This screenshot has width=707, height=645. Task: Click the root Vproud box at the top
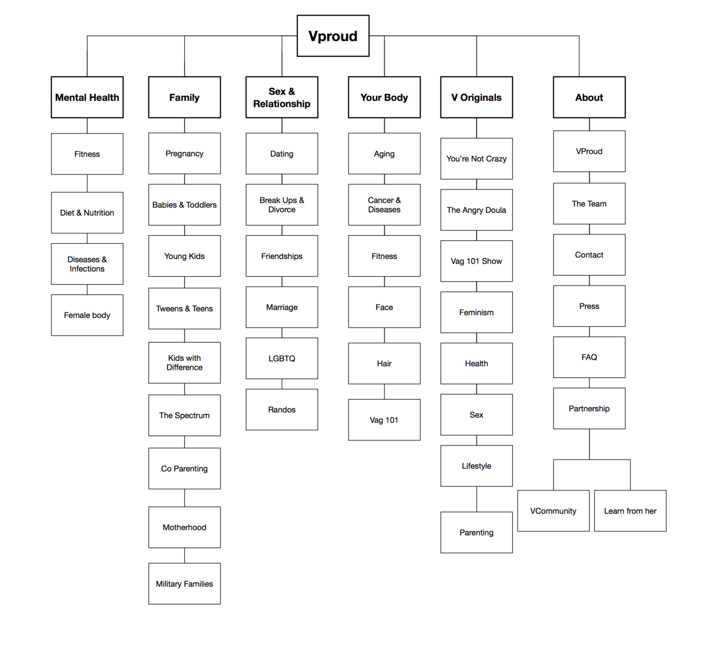click(333, 36)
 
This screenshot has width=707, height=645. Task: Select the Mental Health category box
click(87, 97)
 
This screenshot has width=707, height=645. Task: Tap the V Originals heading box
click(476, 97)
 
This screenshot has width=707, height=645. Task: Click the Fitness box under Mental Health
click(87, 154)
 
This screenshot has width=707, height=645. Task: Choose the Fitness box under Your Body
click(384, 256)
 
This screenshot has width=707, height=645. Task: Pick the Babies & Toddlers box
click(184, 205)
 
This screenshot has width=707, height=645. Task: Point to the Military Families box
click(184, 583)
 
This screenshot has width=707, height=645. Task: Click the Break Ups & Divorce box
click(282, 205)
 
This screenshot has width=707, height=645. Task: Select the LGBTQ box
click(282, 358)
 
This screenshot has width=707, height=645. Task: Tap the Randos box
click(282, 409)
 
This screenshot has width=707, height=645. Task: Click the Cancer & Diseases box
click(384, 205)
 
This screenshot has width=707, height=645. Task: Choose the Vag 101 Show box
click(476, 261)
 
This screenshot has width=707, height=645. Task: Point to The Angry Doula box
click(476, 210)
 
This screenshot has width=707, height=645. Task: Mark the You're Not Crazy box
click(476, 158)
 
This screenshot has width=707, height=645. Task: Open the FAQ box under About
click(589, 357)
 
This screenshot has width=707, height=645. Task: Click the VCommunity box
click(553, 511)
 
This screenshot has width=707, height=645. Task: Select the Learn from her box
click(630, 511)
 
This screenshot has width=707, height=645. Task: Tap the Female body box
click(87, 315)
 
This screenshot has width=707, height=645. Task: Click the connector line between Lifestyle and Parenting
click(476, 499)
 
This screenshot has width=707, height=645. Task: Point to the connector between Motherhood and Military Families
click(184, 555)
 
